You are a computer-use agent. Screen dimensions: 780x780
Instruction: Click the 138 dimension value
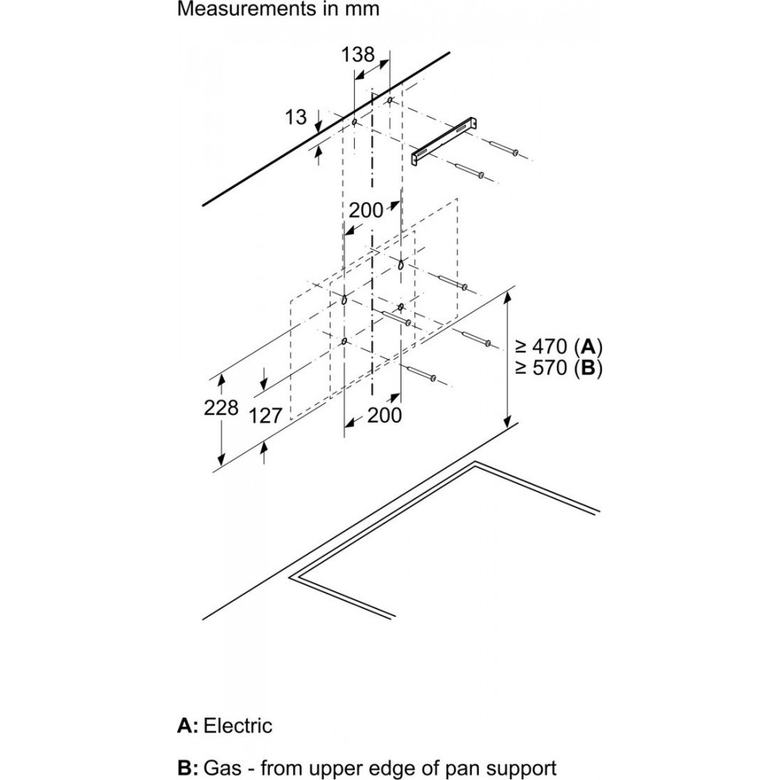click(358, 55)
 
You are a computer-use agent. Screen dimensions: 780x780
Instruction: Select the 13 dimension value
click(296, 117)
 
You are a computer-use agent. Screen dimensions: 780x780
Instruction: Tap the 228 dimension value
click(222, 407)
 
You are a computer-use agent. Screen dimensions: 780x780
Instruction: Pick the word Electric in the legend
click(238, 725)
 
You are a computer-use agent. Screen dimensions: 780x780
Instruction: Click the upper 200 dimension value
click(366, 209)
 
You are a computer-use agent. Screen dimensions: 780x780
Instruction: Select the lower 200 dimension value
click(385, 416)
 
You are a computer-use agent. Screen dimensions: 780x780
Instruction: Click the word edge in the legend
click(409, 769)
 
